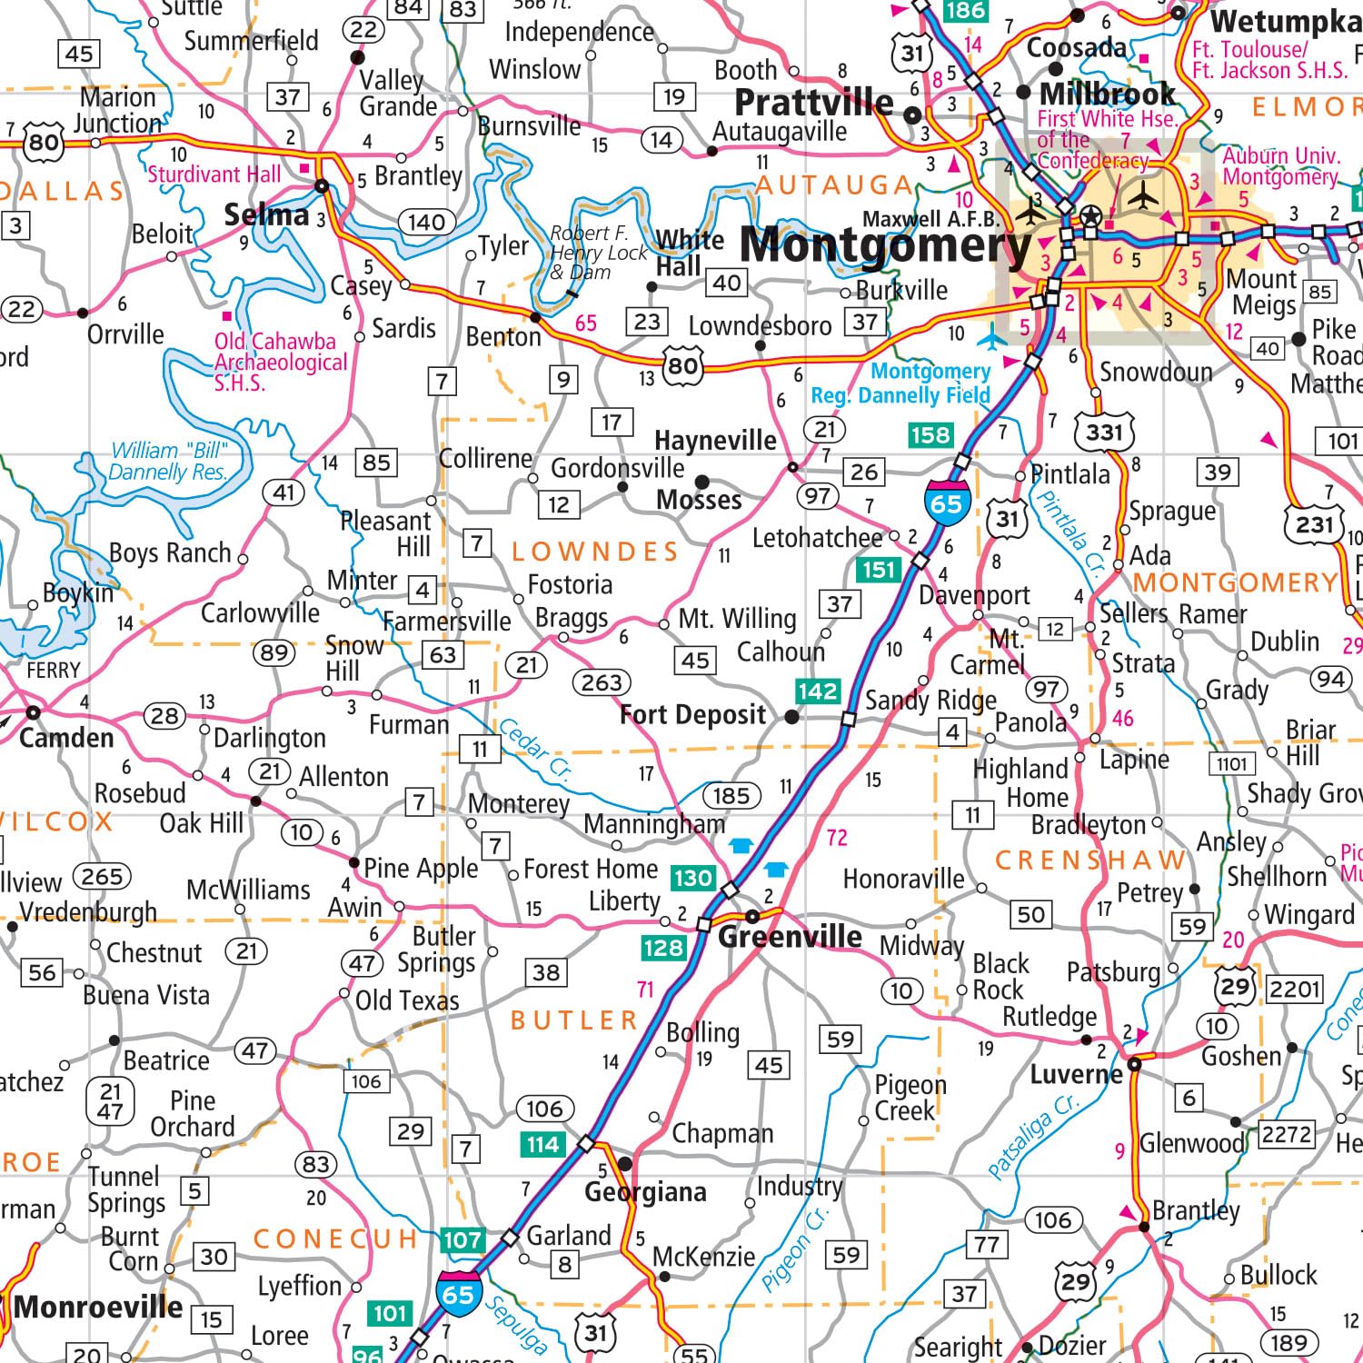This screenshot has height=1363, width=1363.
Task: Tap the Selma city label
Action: pos(266,215)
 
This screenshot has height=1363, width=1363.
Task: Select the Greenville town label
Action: pos(790,937)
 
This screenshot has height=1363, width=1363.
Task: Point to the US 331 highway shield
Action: pos(1104,432)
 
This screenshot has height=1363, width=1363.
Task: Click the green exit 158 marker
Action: pos(930,435)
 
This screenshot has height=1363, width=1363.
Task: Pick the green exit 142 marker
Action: pos(817,691)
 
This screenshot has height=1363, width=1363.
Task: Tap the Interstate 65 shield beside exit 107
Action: pos(458,1291)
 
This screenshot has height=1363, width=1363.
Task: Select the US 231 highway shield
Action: pos(1314,524)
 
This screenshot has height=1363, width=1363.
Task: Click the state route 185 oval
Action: pos(731,796)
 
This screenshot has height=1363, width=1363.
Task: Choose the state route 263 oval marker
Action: pos(602,681)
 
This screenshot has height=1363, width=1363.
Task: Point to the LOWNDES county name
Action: pos(595,552)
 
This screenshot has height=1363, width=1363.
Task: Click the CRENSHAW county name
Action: pos(1090,860)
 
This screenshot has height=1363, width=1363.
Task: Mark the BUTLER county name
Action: pos(574,1020)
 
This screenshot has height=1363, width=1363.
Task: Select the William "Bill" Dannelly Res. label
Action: pos(167,462)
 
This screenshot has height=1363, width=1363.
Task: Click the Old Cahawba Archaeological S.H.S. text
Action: pos(280,362)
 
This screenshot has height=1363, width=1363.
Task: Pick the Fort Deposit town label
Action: pos(692,715)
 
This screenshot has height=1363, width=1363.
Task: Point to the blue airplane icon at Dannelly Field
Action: pos(991,339)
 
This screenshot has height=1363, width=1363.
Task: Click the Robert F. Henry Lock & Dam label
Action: pos(597,253)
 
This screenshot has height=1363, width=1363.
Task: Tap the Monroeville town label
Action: pos(98,1308)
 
